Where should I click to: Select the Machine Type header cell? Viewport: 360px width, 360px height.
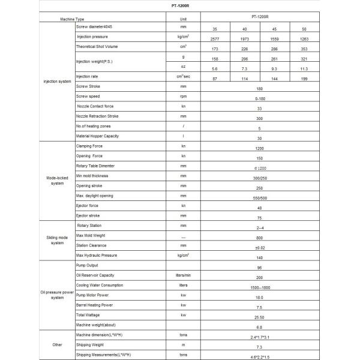[73, 20]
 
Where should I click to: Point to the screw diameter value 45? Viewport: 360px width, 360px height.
[273, 29]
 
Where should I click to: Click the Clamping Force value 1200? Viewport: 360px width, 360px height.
[259, 148]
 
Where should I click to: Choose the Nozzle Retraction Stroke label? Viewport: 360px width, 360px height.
[97, 116]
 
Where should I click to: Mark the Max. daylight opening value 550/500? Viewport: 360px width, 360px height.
[259, 198]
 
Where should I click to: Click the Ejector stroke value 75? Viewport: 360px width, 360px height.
[259, 218]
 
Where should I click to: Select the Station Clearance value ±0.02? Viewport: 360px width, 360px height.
[259, 248]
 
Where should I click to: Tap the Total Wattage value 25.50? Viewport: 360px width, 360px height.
[259, 318]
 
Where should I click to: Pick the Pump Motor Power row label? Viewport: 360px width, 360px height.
[94, 295]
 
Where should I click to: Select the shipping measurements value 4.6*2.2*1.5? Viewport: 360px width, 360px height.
[259, 358]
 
